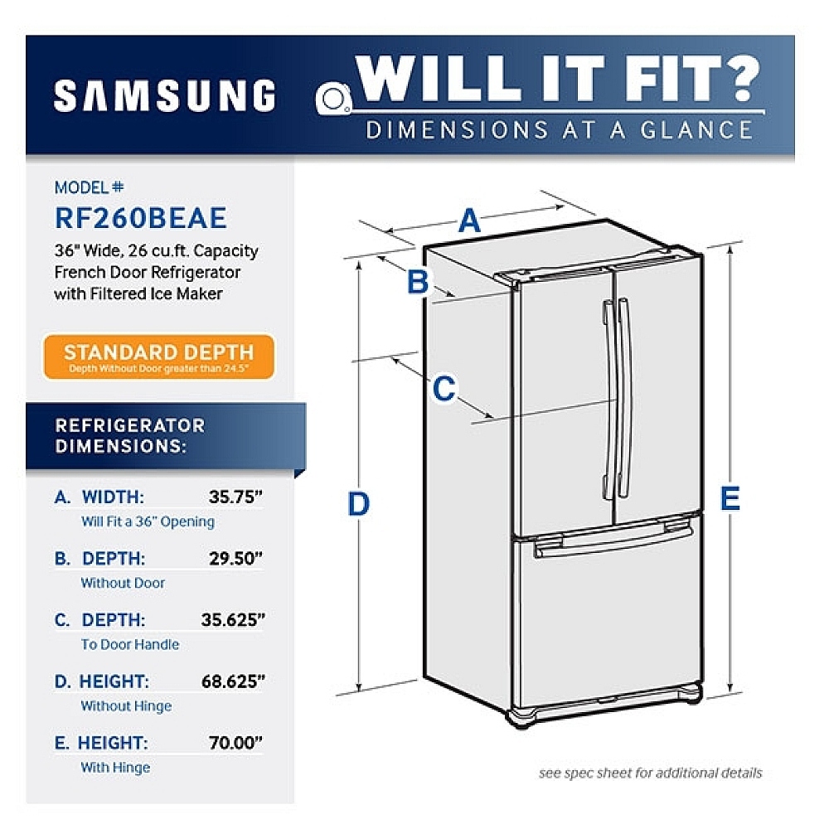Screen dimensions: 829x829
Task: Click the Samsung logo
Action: coord(164,95)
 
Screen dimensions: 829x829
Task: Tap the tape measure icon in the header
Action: coord(334,99)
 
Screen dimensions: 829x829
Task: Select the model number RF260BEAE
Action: coord(140,217)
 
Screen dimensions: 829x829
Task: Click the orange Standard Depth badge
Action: coord(159,356)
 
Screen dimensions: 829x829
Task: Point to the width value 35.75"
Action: coord(235,497)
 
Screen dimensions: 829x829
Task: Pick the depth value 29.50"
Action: coord(235,559)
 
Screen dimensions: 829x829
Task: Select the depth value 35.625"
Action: coord(232,620)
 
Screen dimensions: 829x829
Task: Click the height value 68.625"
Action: coord(232,681)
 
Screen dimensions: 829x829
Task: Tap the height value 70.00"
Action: coord(235,743)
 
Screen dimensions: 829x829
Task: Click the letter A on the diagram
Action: coord(469,221)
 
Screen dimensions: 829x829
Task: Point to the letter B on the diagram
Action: coord(418,283)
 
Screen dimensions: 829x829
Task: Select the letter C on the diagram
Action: coord(444,388)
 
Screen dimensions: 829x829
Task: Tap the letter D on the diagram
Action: coord(358,503)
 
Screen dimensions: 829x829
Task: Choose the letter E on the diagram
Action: coord(730,498)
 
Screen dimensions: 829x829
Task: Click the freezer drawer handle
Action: coord(613,543)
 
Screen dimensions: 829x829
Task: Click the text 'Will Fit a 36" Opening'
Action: coord(148,521)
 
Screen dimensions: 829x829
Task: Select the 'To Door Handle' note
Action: coord(129,644)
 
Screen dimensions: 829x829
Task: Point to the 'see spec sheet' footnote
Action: coord(650,773)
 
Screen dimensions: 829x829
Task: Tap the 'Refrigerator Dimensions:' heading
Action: coord(129,434)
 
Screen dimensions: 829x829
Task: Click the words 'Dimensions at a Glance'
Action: coord(560,130)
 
